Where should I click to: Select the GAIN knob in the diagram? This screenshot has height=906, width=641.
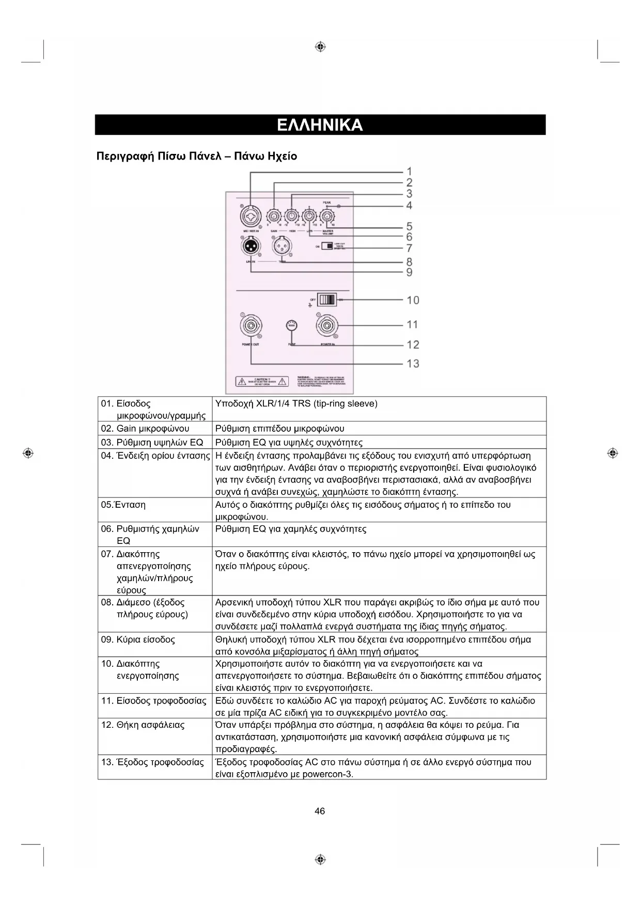(x=274, y=216)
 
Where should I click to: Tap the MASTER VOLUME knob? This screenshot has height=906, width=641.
(x=327, y=216)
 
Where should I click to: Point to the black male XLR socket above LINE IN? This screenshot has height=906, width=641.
(x=251, y=246)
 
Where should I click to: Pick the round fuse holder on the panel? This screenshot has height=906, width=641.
(x=292, y=326)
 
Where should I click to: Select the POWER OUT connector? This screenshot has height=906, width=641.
(x=251, y=326)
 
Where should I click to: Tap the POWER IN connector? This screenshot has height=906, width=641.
(x=327, y=326)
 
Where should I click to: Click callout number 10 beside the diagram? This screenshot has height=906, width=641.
(x=413, y=300)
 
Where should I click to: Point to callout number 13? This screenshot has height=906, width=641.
(x=413, y=364)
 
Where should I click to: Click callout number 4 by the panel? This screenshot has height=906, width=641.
(x=409, y=206)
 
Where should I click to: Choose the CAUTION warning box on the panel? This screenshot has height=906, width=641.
(x=262, y=382)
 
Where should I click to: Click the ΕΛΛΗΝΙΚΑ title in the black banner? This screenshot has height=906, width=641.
(x=320, y=125)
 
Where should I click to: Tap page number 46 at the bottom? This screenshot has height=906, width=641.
(x=320, y=811)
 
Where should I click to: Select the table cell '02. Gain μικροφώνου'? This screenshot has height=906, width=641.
(x=145, y=428)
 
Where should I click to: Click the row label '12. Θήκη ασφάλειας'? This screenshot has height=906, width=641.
(x=143, y=725)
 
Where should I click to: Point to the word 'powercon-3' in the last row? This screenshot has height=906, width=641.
(x=327, y=774)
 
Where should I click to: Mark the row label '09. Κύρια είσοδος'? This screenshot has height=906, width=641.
(x=138, y=639)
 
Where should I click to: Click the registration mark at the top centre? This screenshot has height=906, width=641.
(x=320, y=47)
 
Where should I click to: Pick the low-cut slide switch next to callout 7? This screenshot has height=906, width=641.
(x=327, y=246)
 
